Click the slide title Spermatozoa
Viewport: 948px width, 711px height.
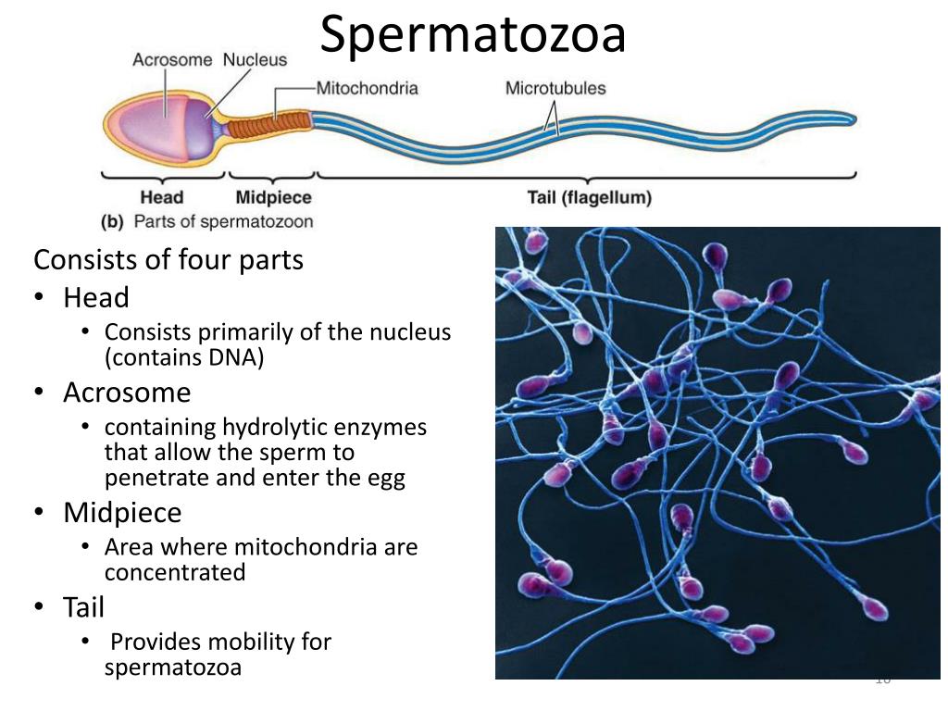pyautogui.click(x=473, y=34)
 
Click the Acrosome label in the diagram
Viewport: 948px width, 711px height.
pyautogui.click(x=173, y=60)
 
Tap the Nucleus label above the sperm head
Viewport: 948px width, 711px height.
pyautogui.click(x=255, y=60)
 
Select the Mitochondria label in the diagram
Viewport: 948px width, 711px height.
pyautogui.click(x=368, y=89)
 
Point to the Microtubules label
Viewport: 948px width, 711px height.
pyautogui.click(x=555, y=89)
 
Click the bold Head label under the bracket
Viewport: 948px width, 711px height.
pyautogui.click(x=162, y=197)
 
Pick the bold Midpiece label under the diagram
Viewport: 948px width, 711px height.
pyautogui.click(x=273, y=197)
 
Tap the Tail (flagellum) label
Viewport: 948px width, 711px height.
pyautogui.click(x=589, y=197)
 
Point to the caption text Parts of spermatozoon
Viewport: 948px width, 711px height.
pyautogui.click(x=223, y=222)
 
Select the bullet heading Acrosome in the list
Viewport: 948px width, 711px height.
pyautogui.click(x=127, y=393)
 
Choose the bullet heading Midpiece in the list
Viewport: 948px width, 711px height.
pyautogui.click(x=122, y=512)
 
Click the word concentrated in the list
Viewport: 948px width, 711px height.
pyautogui.click(x=175, y=572)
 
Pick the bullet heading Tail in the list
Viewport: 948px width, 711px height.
pyautogui.click(x=83, y=607)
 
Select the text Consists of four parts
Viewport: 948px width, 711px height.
pyautogui.click(x=168, y=260)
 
